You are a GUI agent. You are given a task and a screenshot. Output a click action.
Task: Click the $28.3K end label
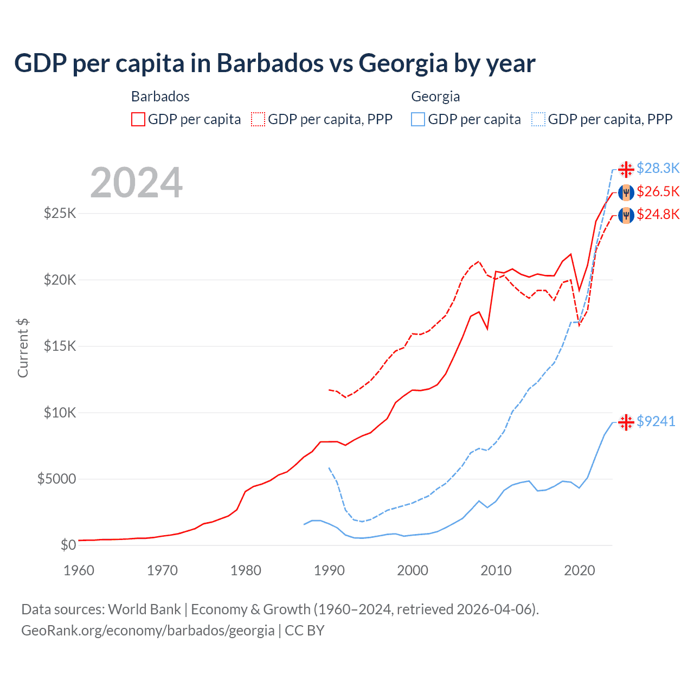[x=658, y=169]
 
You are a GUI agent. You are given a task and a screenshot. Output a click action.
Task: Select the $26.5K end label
[x=658, y=192]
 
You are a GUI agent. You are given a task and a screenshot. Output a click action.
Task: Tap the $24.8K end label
[x=658, y=215]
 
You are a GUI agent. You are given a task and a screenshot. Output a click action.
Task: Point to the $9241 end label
[x=656, y=421]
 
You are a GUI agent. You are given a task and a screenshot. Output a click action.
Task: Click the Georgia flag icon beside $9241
[x=626, y=422]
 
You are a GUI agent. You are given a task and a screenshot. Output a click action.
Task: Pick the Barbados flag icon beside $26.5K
[x=626, y=192]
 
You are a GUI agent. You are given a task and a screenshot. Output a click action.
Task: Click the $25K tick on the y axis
[x=60, y=213]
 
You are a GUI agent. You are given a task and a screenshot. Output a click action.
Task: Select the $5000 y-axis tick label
[x=56, y=479]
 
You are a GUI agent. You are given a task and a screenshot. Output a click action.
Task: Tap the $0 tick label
[x=68, y=545]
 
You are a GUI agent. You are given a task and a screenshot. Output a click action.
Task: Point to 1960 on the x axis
[x=79, y=570]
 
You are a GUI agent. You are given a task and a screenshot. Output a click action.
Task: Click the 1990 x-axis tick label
[x=329, y=570]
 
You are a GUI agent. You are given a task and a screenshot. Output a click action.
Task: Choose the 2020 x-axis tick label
[x=580, y=570]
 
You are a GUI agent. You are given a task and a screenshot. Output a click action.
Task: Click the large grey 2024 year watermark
[x=136, y=183]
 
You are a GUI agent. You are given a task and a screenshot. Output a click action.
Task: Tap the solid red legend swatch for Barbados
[x=138, y=119]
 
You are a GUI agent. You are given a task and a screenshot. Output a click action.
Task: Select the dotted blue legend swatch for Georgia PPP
[x=538, y=119]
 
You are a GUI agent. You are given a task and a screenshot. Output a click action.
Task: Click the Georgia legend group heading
[x=435, y=97]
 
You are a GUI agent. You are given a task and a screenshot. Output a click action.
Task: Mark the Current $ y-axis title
[x=23, y=348]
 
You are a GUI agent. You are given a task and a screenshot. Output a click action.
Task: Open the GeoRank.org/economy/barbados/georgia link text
[x=147, y=631]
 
